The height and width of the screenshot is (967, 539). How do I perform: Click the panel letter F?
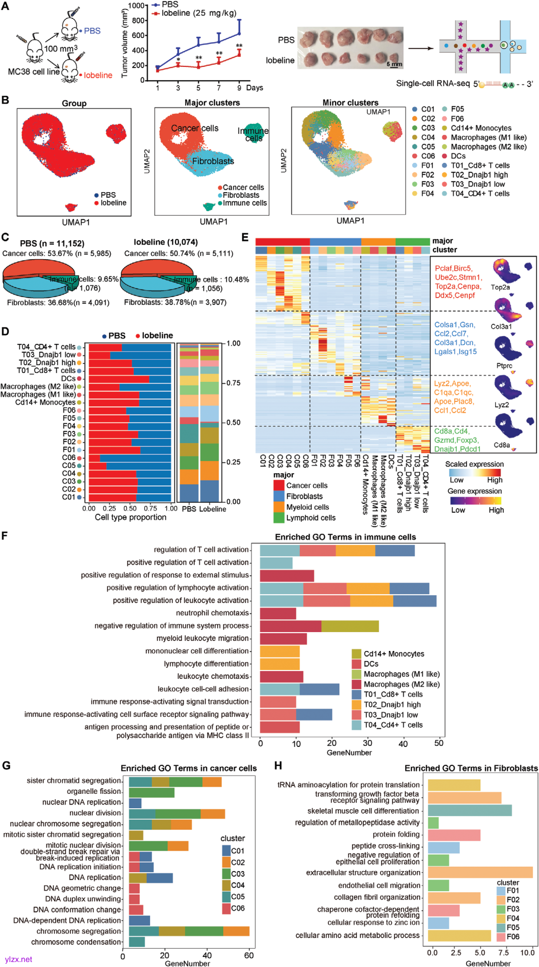click(5, 536)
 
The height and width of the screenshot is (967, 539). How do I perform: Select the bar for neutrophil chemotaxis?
click(278, 613)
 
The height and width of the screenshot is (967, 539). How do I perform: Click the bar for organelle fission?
click(152, 792)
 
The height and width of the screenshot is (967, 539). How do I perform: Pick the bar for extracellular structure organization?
click(480, 872)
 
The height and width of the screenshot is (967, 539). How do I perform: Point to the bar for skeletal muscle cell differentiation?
click(470, 810)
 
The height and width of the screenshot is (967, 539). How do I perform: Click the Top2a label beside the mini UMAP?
click(500, 288)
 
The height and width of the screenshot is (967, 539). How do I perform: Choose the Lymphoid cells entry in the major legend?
click(310, 518)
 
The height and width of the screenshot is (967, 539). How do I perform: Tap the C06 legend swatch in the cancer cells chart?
click(227, 908)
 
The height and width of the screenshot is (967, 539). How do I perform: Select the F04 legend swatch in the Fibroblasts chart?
click(501, 918)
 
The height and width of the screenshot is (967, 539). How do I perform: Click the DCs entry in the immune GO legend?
click(371, 664)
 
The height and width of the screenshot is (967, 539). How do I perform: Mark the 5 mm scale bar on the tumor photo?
click(394, 64)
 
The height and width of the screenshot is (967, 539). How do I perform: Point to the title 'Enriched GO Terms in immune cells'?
click(345, 537)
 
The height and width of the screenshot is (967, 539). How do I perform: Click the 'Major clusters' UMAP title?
click(212, 103)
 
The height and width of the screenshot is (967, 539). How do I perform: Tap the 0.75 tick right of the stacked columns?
click(233, 383)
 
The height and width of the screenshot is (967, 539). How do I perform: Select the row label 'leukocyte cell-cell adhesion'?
click(203, 689)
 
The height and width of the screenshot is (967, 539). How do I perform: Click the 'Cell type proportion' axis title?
click(131, 517)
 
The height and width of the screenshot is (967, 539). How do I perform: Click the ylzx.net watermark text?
click(18, 959)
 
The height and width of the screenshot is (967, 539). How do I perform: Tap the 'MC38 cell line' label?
click(33, 71)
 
